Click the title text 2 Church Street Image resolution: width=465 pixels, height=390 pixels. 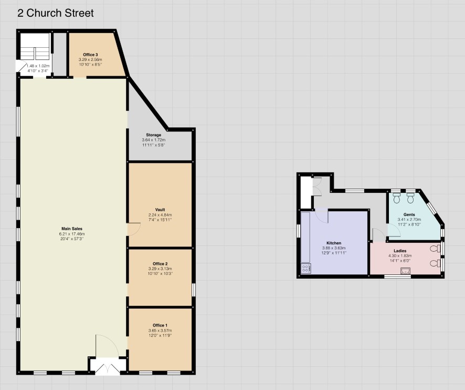pyautogui.click(x=56, y=13)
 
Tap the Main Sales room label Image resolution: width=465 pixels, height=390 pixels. pyautogui.click(x=72, y=229)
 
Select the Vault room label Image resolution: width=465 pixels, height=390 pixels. pyautogui.click(x=160, y=210)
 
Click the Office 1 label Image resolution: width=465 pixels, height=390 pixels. pyautogui.click(x=160, y=325)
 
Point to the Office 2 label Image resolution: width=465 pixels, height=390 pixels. pyautogui.click(x=160, y=264)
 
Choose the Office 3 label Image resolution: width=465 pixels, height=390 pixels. pyautogui.click(x=90, y=55)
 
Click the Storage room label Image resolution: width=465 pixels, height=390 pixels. pyautogui.click(x=154, y=135)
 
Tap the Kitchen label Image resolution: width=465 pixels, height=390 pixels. pyautogui.click(x=334, y=243)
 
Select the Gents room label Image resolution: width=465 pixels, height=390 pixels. pyautogui.click(x=409, y=214)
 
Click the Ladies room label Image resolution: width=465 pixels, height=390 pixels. pyautogui.click(x=400, y=251)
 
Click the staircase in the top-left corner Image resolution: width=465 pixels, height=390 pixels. pyautogui.click(x=35, y=46)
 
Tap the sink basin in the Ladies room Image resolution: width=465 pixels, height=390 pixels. pyautogui.click(x=405, y=271)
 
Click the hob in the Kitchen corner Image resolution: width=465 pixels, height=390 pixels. pyautogui.click(x=306, y=269)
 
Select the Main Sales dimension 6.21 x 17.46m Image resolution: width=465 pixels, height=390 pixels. pyautogui.click(x=72, y=234)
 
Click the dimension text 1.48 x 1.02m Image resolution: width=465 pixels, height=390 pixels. pyautogui.click(x=38, y=66)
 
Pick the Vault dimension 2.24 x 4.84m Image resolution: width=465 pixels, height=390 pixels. pyautogui.click(x=160, y=215)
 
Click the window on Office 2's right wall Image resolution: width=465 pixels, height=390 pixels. pyautogui.click(x=193, y=290)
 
